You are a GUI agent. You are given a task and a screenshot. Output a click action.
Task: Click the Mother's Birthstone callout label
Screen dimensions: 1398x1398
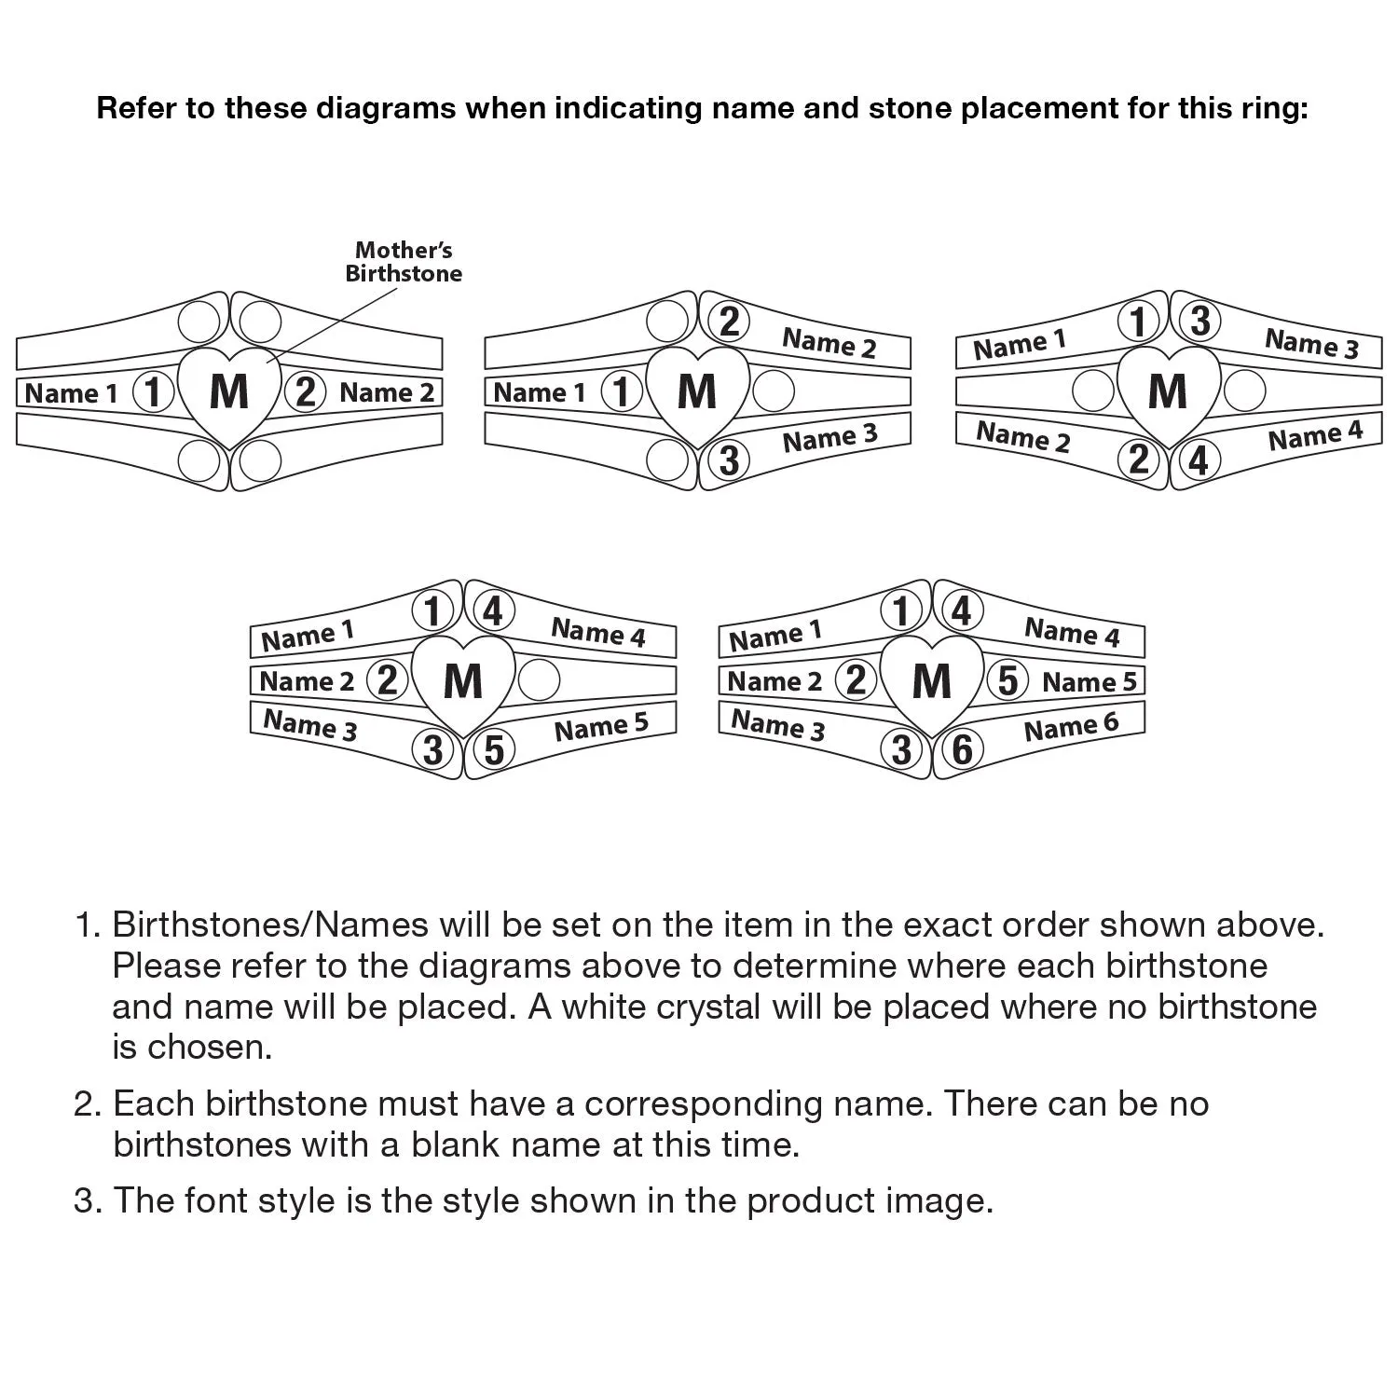404,262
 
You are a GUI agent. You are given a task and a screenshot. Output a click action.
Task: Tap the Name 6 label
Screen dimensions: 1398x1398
1071,727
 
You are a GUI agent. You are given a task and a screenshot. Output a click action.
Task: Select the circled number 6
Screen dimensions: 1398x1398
963,749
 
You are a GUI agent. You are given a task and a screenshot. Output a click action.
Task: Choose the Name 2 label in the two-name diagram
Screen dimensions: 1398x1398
387,392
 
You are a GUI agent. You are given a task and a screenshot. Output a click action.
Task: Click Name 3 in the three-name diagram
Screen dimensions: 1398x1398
829,438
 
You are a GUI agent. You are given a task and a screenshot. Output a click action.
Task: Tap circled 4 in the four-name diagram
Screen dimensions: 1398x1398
1199,460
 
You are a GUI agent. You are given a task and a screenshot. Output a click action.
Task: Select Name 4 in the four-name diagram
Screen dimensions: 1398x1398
1315,436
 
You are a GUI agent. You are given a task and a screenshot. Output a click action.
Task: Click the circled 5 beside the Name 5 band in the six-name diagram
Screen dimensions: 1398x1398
1007,680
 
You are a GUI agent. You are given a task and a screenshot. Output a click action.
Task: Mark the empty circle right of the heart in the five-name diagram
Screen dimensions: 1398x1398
539,680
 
